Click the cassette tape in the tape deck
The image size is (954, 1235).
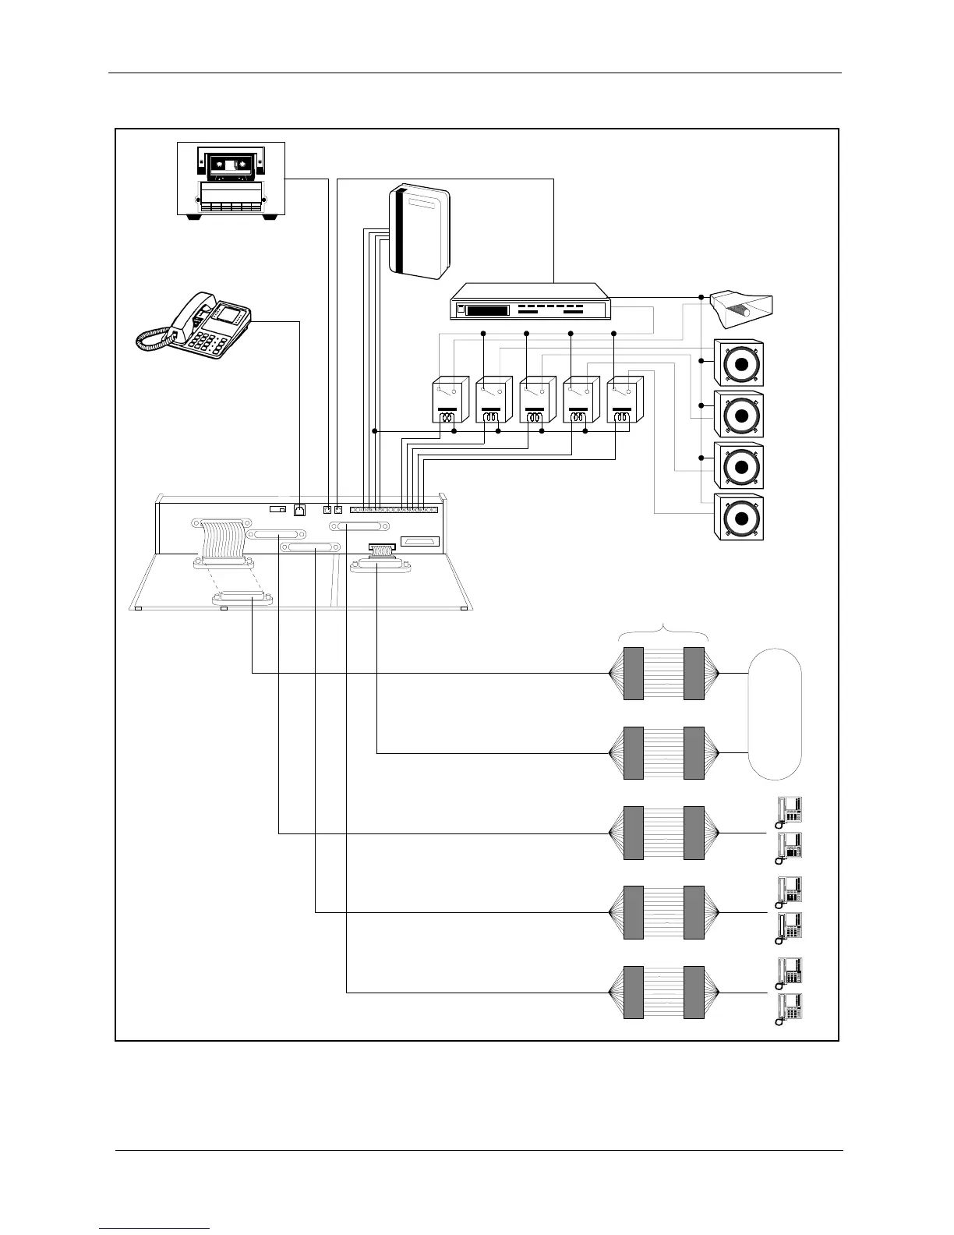(231, 165)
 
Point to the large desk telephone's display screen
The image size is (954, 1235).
(228, 315)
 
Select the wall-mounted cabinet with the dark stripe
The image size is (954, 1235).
(419, 232)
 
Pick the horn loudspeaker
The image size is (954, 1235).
(740, 311)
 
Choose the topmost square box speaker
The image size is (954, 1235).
(739, 363)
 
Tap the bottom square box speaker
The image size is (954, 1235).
(739, 518)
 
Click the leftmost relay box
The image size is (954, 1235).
(450, 401)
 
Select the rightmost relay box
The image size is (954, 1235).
(624, 401)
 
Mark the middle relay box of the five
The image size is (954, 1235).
(537, 401)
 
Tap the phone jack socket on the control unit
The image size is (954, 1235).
(299, 511)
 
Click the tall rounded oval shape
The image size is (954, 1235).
(775, 713)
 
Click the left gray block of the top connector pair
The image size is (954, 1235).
(633, 674)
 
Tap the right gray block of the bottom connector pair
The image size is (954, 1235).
(694, 993)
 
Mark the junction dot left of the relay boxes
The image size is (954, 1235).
(375, 430)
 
